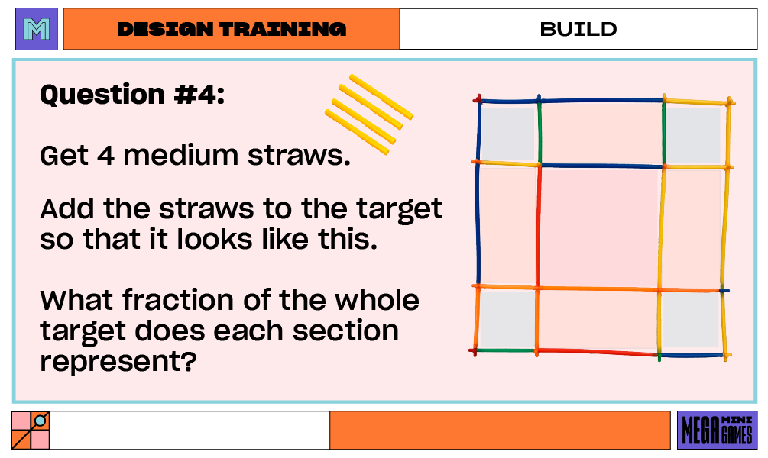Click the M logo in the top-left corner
37,30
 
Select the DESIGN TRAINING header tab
231,30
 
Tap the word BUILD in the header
578,30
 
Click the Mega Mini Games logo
717,430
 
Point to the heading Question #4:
132,95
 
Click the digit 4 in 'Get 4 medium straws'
106,156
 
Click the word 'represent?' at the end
115,361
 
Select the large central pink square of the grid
600,227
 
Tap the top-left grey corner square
508,133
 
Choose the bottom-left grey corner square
504,318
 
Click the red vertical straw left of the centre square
539,227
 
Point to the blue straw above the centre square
601,166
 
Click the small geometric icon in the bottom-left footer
31,430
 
